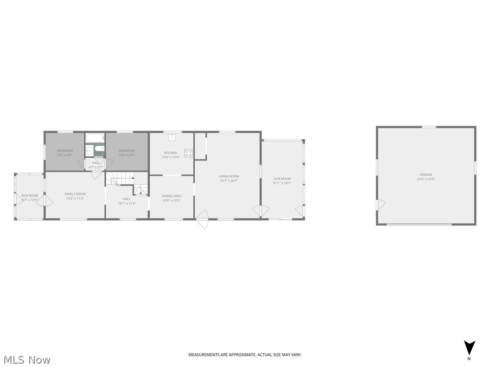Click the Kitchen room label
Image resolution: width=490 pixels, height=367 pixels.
[x=171, y=153]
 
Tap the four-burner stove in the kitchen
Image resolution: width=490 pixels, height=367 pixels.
[x=189, y=153]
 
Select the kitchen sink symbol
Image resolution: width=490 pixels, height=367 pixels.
[x=171, y=137]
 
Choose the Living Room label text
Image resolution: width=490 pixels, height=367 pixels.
[x=229, y=176]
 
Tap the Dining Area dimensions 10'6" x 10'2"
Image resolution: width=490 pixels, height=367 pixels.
[x=171, y=200]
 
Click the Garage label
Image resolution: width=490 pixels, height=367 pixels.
[x=426, y=175]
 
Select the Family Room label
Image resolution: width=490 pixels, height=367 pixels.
[x=75, y=194]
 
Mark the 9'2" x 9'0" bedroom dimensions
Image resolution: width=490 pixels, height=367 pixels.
[x=65, y=155]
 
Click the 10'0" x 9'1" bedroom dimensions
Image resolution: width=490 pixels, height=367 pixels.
[x=127, y=155]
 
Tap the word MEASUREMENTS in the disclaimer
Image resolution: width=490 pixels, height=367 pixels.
[x=203, y=355]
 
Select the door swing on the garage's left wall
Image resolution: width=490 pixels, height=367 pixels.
[x=381, y=205]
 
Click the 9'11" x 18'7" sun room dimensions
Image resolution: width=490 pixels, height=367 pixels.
[x=282, y=183]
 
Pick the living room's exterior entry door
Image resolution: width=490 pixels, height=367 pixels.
[x=202, y=220]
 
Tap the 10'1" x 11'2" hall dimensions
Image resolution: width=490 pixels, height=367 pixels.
[x=127, y=203]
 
